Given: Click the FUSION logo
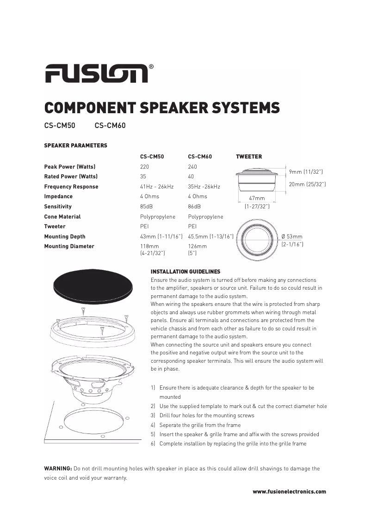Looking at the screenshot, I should click(x=97, y=73).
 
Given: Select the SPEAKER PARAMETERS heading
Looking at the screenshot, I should click(x=75, y=146).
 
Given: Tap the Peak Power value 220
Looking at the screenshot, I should click(x=144, y=167).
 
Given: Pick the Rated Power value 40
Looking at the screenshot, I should click(x=191, y=177).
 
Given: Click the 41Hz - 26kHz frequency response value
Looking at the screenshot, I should click(x=157, y=187).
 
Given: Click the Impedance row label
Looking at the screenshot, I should click(x=58, y=196).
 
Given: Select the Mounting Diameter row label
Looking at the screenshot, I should click(x=69, y=246).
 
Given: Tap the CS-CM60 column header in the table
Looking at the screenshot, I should click(x=200, y=157).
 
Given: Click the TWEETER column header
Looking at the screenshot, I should click(x=249, y=157).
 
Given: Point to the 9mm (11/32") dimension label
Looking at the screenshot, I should click(x=306, y=172).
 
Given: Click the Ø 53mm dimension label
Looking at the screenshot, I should click(x=292, y=237).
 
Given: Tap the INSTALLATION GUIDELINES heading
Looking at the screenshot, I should click(x=185, y=272).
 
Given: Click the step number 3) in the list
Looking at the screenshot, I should click(x=153, y=415).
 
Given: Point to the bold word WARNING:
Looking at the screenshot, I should click(x=58, y=469).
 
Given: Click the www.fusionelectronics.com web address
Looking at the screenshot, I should click(x=289, y=492).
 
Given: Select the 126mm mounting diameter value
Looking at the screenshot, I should click(x=198, y=246).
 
